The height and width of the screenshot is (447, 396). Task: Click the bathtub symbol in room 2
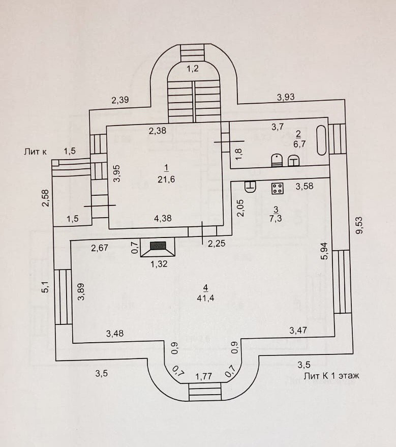coord(322,140)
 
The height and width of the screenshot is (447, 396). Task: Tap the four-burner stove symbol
coord(277,188)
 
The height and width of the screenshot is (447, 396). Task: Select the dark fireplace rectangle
coord(158,246)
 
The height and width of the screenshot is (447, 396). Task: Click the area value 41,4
coord(205,298)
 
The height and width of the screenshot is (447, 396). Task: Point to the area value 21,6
coord(166,180)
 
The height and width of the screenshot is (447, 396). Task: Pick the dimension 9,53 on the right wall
coord(359,225)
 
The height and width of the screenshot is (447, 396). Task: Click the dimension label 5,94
coord(324,251)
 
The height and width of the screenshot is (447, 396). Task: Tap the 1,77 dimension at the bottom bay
coord(204,377)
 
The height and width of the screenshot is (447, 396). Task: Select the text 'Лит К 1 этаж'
coord(331,376)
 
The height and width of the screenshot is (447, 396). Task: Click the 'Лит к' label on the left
coord(35,152)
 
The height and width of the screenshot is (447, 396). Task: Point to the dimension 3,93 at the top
coord(286,97)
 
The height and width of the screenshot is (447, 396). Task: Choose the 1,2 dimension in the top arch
coord(193,69)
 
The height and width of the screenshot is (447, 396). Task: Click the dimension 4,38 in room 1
coord(163,218)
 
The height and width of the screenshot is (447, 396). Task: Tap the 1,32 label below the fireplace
coord(159,264)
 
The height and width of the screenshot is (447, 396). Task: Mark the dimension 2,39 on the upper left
coord(120,100)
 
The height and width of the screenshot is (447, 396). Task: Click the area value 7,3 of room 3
coord(276,219)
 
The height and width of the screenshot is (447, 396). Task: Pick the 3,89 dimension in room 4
coord(81,291)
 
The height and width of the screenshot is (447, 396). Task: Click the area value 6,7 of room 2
coord(299,144)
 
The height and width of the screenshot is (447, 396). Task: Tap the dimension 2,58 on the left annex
coord(46,198)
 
